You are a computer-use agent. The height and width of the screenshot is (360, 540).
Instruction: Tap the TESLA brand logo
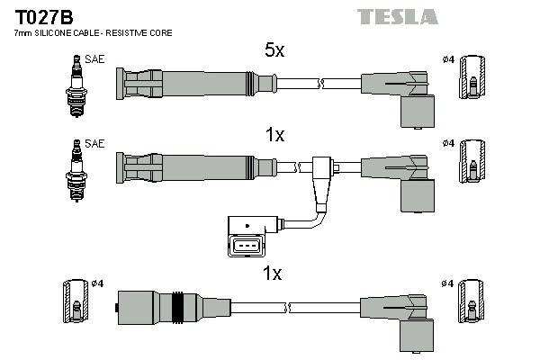point(397,16)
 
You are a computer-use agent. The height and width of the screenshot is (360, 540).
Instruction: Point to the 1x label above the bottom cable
point(274,274)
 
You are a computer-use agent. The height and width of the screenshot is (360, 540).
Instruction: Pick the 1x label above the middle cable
point(274,135)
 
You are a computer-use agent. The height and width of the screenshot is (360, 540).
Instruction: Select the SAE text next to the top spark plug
point(94,58)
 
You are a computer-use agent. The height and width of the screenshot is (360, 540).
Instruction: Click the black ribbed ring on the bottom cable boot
point(178,308)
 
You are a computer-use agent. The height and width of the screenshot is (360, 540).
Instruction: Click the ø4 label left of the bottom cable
point(98,283)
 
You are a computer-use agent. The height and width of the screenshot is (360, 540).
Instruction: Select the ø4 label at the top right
point(447,59)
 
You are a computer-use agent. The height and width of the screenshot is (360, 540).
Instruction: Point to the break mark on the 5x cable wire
point(319,85)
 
